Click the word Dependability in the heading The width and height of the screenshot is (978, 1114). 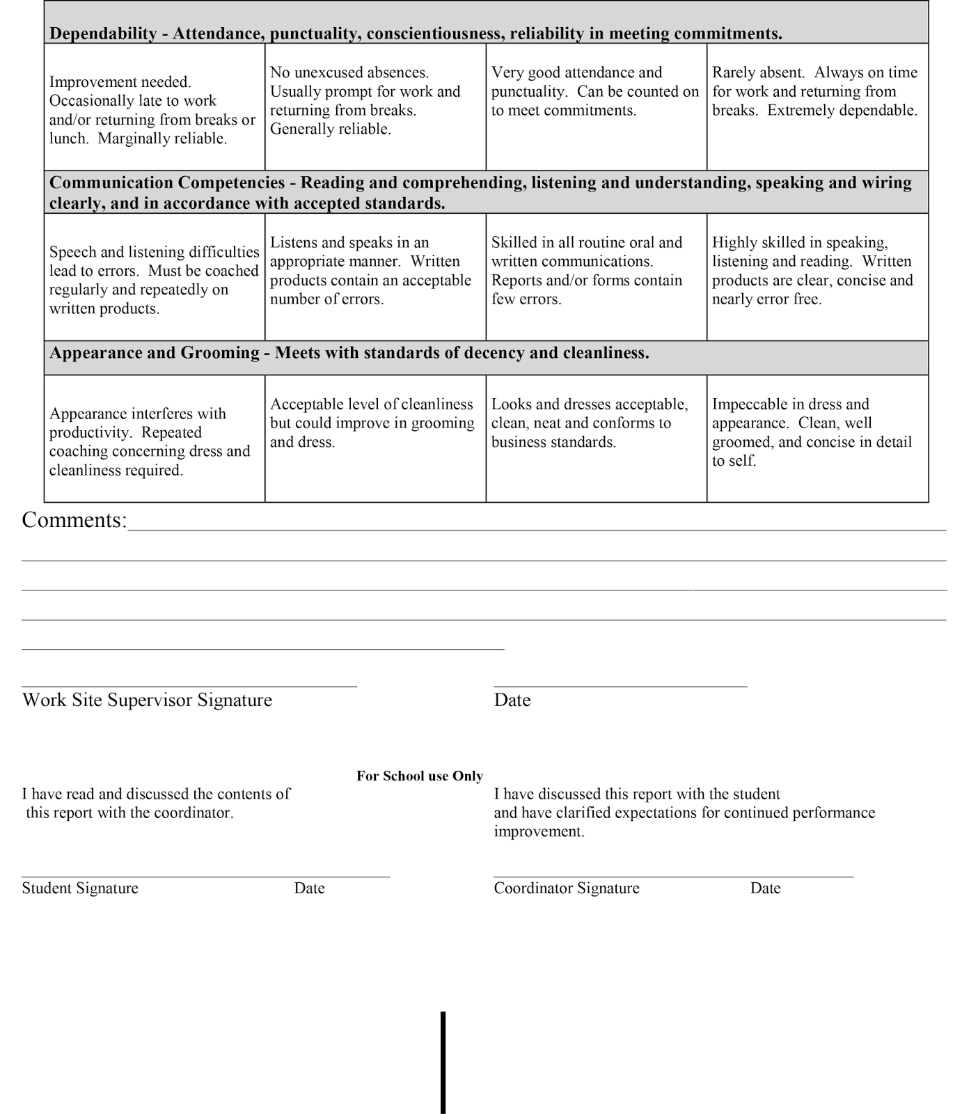pos(103,33)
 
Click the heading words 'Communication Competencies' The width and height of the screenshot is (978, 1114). pos(167,183)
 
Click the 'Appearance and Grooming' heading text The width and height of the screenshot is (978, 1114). pos(154,353)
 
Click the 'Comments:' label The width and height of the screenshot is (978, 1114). pos(74,521)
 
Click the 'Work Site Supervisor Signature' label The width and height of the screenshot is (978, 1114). pos(147,700)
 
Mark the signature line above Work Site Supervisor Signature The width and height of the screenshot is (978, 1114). pos(189,686)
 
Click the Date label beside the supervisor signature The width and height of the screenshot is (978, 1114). pos(512,700)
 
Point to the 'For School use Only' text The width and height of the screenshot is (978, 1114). pos(419,776)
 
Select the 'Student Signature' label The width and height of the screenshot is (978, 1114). pos(80,888)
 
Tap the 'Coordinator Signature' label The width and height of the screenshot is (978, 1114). pos(566,888)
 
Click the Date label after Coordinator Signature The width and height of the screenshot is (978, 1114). pos(765,888)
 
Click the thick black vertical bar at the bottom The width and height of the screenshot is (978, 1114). pos(443,1062)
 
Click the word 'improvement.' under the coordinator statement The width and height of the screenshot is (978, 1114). pos(539,832)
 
